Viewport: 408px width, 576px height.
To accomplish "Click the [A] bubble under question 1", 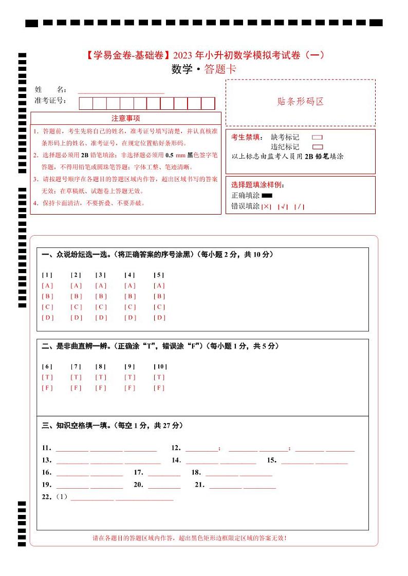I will click(47, 285).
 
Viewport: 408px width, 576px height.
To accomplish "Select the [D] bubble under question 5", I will click(159, 317).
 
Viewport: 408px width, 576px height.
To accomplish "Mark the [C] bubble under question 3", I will click(101, 307).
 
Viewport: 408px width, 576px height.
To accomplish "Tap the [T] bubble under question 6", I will click(47, 377).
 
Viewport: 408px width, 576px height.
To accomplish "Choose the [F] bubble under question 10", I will click(159, 388).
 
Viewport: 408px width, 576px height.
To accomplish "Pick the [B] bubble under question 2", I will click(76, 296).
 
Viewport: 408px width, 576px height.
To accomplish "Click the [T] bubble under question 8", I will click(101, 377).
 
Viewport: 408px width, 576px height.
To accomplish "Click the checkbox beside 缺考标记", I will click(317, 138).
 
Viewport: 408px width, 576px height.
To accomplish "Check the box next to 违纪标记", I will click(317, 147).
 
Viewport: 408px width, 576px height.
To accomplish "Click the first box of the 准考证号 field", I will click(86, 103).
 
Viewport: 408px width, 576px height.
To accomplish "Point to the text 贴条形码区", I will click(301, 102).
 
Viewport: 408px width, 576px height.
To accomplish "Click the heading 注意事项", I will click(126, 118).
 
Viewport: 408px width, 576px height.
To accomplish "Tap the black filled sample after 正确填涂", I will click(267, 196).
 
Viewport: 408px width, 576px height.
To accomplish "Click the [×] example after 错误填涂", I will click(266, 207).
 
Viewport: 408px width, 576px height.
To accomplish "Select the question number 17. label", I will click(138, 472).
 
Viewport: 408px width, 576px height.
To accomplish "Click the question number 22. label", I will click(47, 497).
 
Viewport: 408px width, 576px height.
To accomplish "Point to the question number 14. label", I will click(176, 460).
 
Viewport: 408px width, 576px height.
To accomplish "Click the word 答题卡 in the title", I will click(220, 70).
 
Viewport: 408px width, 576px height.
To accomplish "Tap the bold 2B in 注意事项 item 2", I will click(85, 155).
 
